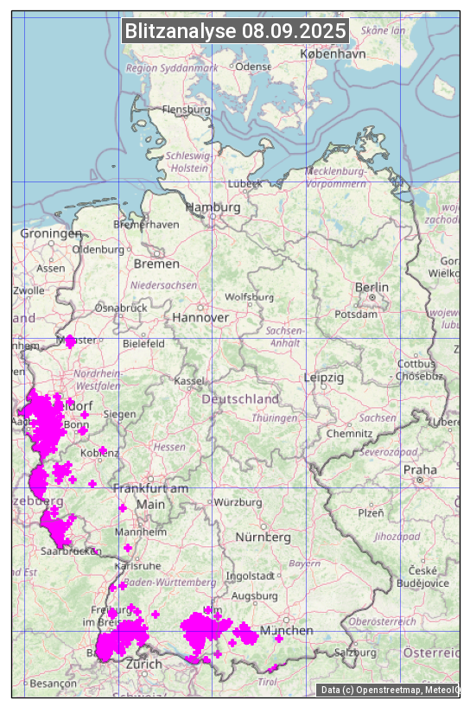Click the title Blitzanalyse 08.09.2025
click(x=235, y=31)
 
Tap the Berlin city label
click(x=372, y=287)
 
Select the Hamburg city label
click(x=213, y=207)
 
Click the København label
click(x=333, y=54)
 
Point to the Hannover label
click(x=200, y=317)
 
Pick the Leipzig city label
click(x=324, y=378)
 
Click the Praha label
click(x=420, y=469)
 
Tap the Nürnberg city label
click(x=264, y=537)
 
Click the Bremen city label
click(x=156, y=264)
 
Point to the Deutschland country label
click(x=240, y=399)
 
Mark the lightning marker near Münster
click(x=70, y=341)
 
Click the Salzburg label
click(x=356, y=653)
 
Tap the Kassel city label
click(x=188, y=381)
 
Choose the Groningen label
click(x=51, y=233)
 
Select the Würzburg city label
click(x=238, y=502)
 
